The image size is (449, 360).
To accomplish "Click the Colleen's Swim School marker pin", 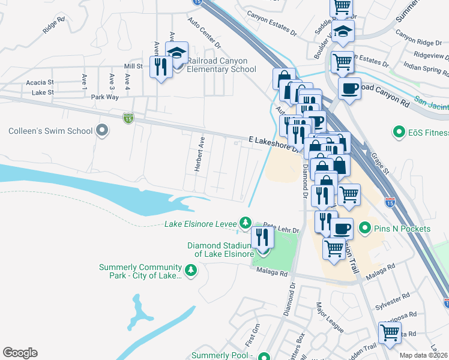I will (x=103, y=130).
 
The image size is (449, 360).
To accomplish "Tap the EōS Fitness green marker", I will (x=397, y=131).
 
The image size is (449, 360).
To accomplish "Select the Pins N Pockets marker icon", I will (x=364, y=229).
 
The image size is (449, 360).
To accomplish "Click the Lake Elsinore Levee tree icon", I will (x=245, y=223).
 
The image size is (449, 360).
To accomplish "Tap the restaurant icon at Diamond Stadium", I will (x=262, y=238).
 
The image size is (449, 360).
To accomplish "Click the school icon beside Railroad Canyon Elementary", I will (x=176, y=53).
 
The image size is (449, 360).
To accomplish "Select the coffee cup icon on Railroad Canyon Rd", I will (x=349, y=89).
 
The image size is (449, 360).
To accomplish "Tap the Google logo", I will (x=20, y=353).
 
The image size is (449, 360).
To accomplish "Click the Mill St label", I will (x=133, y=66).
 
